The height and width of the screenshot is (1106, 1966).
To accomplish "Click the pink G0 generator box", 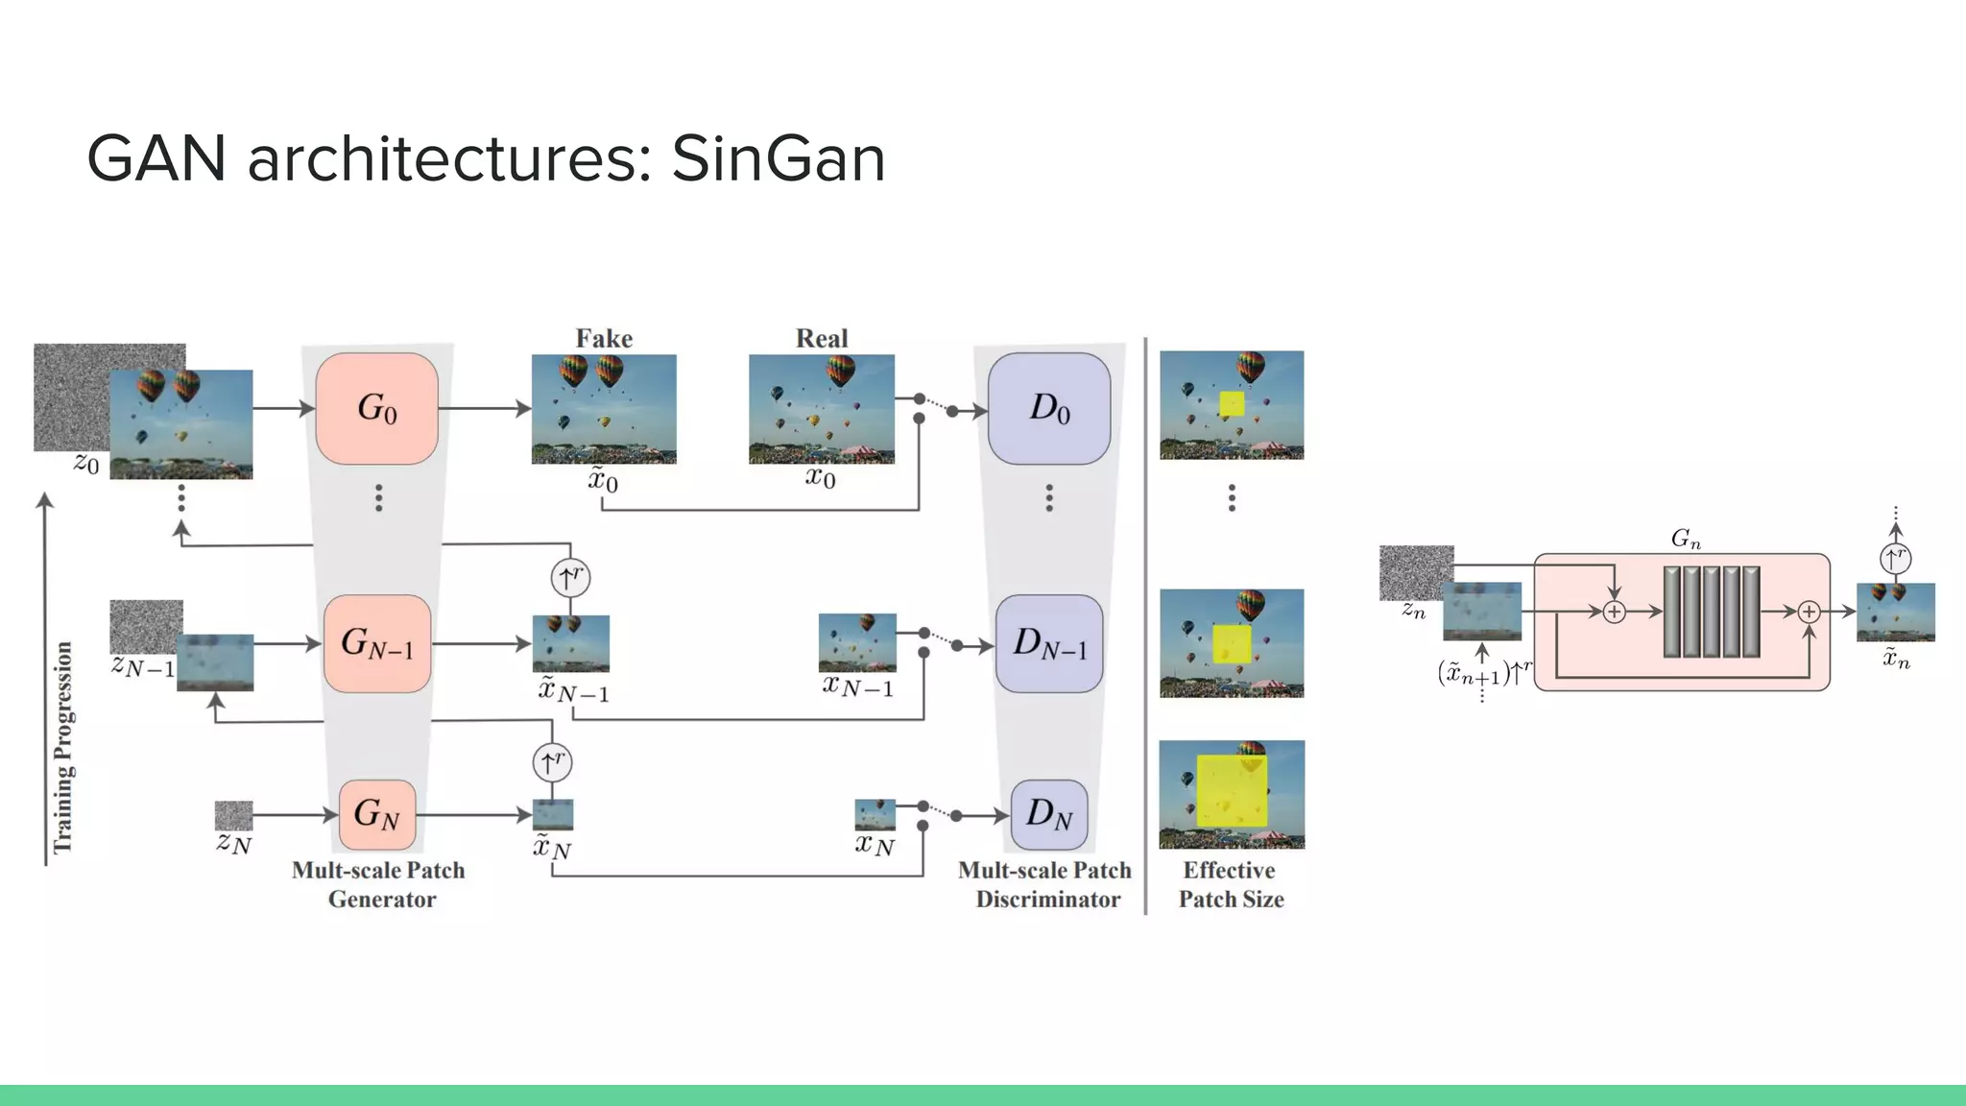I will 376,408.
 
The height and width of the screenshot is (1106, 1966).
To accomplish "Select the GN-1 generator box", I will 376,643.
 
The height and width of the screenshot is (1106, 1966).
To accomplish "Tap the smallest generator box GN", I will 376,814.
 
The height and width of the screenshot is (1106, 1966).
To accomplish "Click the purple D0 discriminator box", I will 1048,408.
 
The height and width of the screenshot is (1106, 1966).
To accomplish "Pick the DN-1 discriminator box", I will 1048,643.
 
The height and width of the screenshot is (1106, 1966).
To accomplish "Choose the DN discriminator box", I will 1048,814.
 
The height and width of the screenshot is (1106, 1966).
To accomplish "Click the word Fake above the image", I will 604,338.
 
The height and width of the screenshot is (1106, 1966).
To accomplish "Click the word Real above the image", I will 822,338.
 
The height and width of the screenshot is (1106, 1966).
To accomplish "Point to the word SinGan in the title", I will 778,158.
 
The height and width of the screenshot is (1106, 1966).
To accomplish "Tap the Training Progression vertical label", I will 63,747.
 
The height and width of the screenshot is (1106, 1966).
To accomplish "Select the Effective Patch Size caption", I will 1231,884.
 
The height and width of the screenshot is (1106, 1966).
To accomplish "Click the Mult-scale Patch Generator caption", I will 379,884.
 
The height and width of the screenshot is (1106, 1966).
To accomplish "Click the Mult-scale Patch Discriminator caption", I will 1045,884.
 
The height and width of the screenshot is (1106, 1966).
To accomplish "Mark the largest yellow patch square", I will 1232,791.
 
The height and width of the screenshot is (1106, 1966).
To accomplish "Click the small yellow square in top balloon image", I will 1232,403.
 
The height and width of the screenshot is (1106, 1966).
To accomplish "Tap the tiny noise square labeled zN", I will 233,816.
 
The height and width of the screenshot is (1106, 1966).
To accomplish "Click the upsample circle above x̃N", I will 552,762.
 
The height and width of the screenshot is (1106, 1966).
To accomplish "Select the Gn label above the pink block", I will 1685,539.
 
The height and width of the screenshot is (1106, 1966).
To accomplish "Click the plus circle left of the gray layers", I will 1615,612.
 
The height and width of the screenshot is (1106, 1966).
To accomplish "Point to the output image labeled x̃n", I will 1895,612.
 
